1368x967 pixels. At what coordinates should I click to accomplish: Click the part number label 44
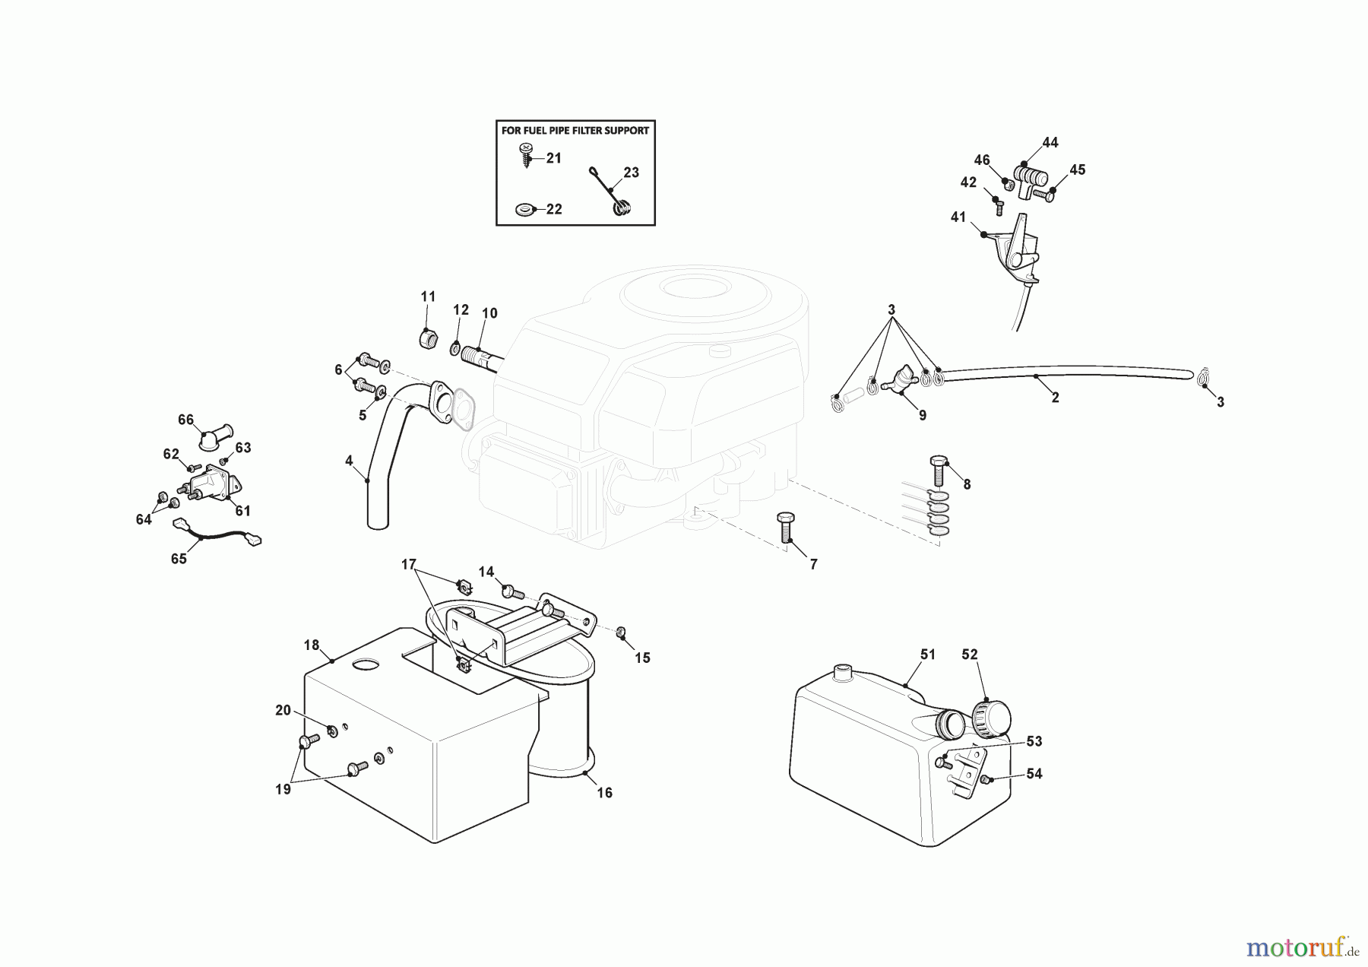coord(1050,142)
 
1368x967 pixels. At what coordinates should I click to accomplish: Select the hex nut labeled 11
coord(428,338)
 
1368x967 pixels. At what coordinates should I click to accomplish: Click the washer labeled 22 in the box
coord(524,208)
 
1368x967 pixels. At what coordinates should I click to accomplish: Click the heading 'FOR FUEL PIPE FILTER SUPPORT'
coord(575,130)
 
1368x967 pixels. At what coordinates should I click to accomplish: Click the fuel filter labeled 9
coord(905,379)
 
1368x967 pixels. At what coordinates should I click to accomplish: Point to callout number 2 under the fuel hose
coord(1055,398)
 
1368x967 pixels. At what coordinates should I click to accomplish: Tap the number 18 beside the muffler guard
coord(312,645)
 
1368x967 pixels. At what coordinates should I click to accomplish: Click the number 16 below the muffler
coord(604,793)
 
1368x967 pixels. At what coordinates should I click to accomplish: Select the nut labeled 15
coord(621,632)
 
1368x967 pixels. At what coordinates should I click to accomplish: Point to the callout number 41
coord(958,217)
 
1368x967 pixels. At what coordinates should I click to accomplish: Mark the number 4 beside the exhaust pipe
coord(349,461)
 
